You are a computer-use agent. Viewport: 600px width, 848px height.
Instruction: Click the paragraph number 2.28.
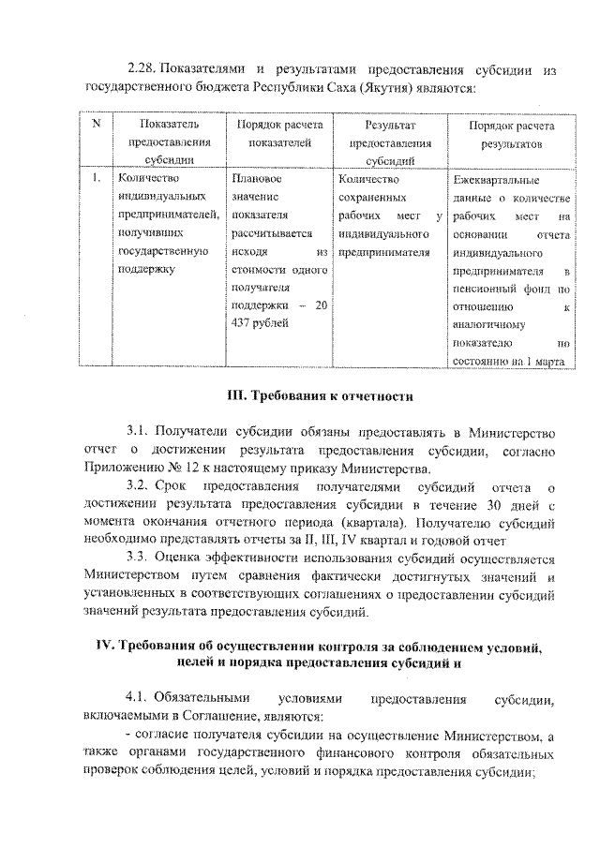coord(142,70)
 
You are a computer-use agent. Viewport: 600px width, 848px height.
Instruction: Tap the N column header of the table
coord(97,126)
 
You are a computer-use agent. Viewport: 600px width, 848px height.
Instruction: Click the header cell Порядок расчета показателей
coord(279,134)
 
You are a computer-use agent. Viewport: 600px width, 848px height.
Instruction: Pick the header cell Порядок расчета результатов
coord(511,134)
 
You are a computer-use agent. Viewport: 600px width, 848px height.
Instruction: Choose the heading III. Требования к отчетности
coord(322,396)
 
